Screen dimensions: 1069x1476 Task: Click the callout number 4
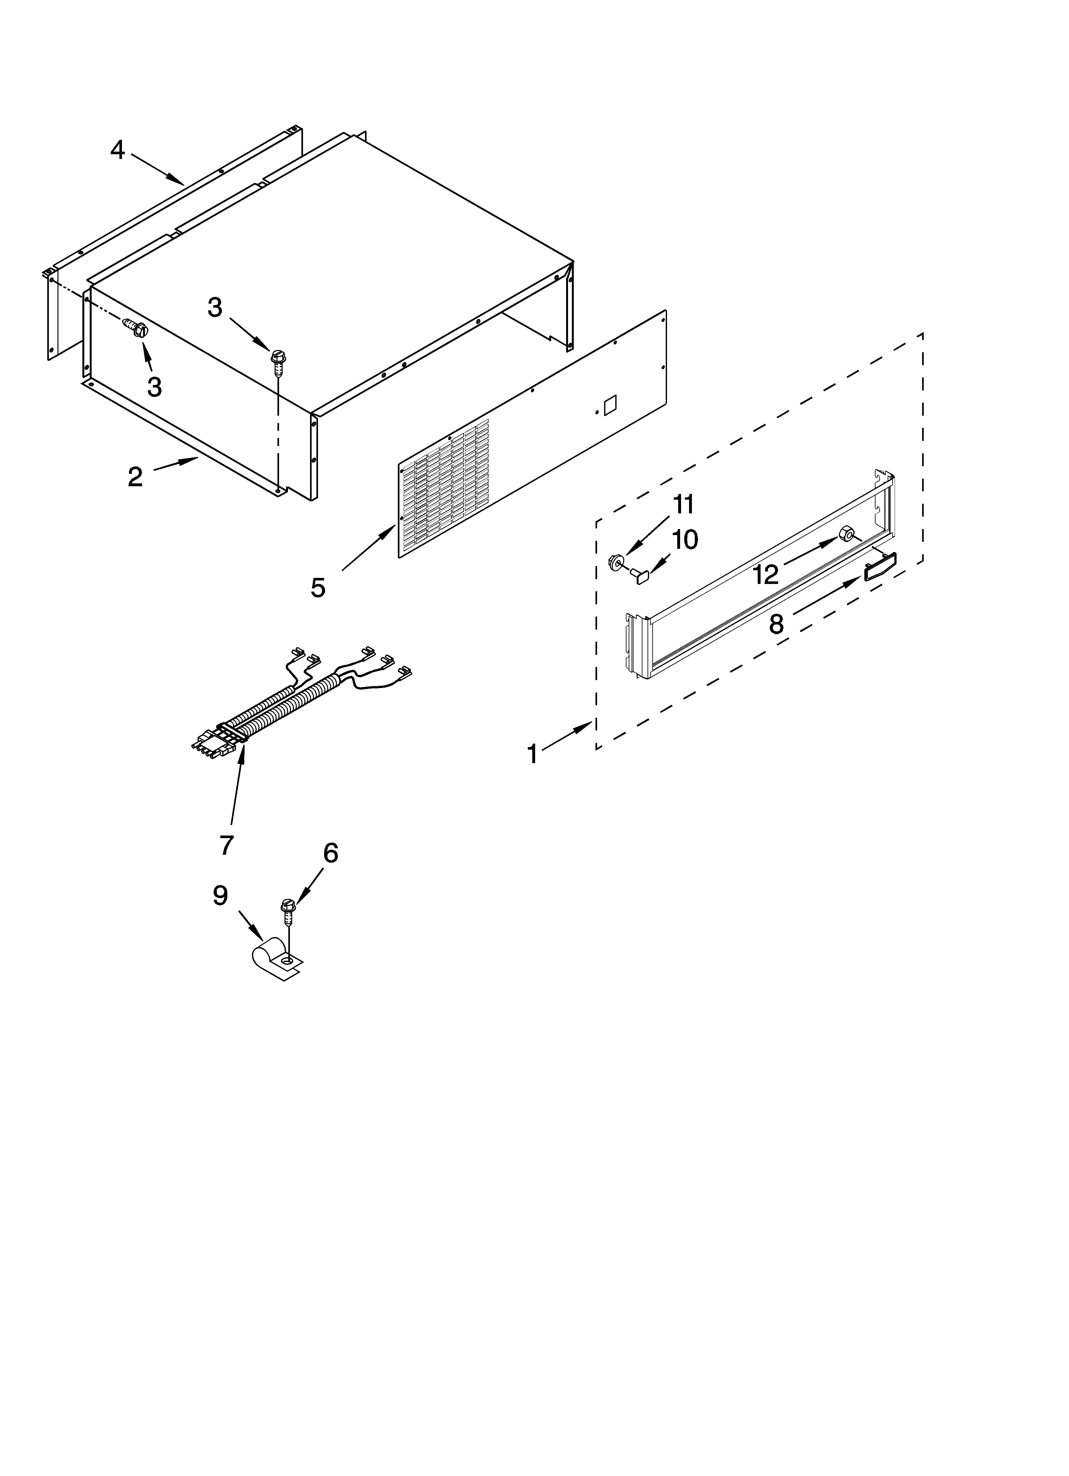117,150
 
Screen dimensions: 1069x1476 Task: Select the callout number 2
135,477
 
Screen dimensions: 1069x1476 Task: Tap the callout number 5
318,588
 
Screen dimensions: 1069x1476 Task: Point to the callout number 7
226,845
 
